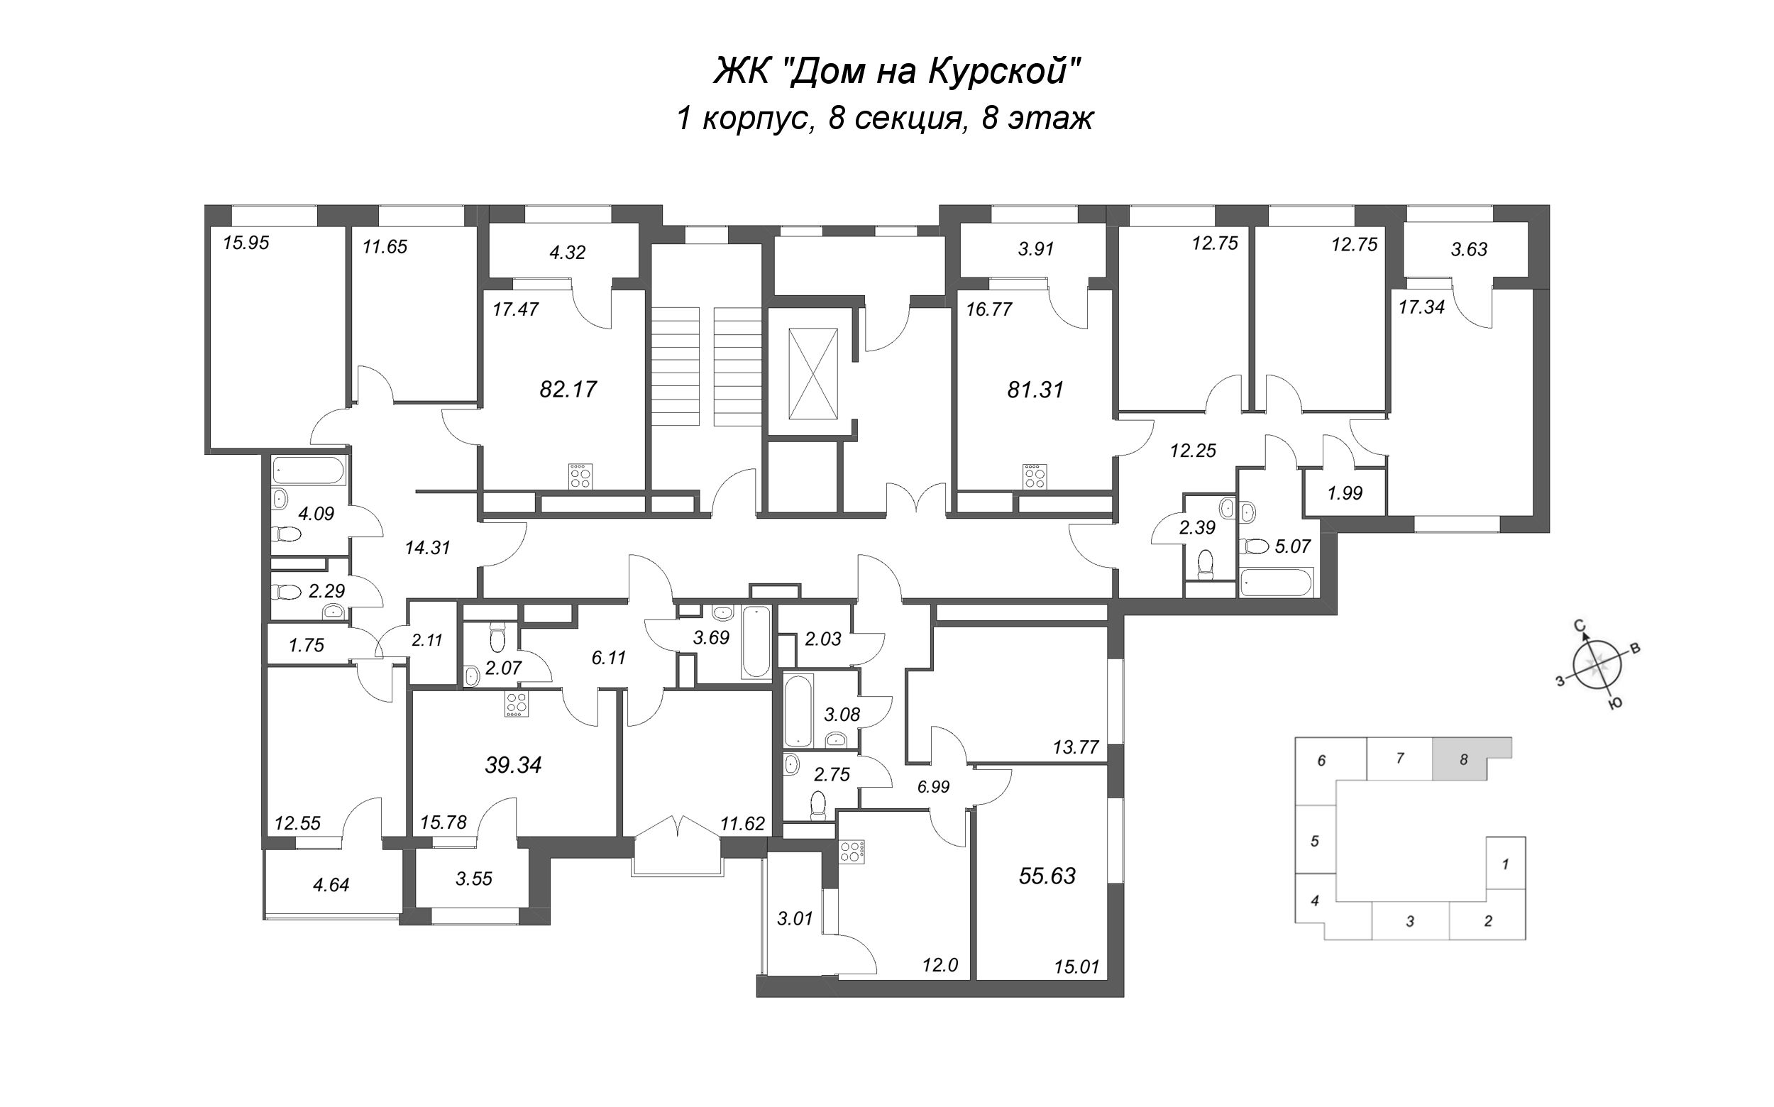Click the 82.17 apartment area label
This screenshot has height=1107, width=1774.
click(x=568, y=390)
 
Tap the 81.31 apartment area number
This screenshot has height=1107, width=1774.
click(x=1035, y=390)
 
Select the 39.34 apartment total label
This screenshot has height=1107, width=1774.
click(x=513, y=766)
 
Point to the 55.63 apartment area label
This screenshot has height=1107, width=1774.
click(x=1047, y=876)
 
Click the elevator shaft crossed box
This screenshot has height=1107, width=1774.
click(x=812, y=374)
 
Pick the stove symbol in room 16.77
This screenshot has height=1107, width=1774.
click(x=1035, y=476)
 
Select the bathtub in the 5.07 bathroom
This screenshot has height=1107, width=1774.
click(x=1276, y=583)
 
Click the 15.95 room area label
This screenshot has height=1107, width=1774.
click(x=246, y=243)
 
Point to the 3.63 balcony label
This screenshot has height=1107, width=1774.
click(x=1470, y=250)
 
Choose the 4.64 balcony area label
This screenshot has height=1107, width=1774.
click(x=331, y=885)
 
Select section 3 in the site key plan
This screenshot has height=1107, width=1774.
click(x=1410, y=921)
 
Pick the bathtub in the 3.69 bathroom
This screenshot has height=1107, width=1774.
click(x=756, y=641)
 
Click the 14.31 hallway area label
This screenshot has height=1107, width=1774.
click(x=428, y=548)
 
